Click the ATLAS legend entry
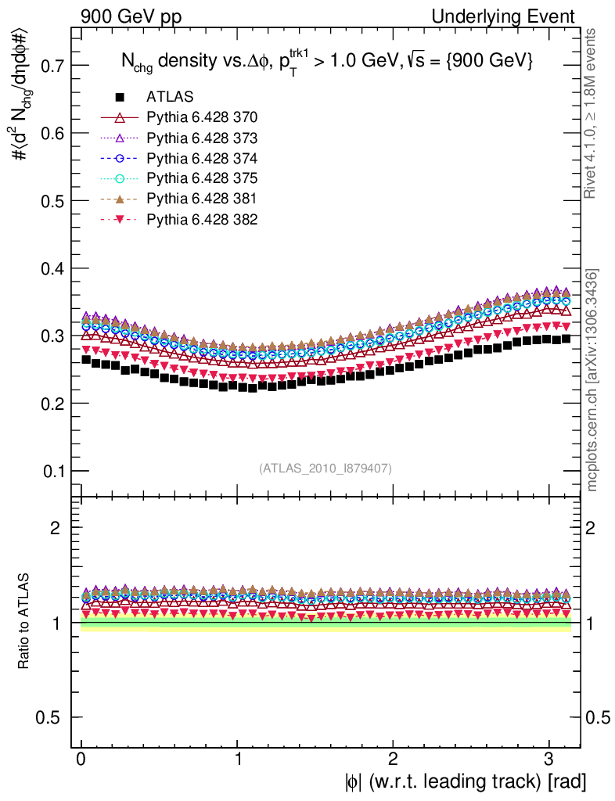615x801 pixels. tap(170, 97)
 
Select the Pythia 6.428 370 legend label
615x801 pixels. tap(202, 117)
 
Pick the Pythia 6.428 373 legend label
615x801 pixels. tap(202, 138)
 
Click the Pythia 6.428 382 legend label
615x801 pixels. tap(202, 219)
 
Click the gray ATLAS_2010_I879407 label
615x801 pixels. tap(325, 469)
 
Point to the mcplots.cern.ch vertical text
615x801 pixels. tap(593, 380)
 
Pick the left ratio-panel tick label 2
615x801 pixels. tap(55, 527)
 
